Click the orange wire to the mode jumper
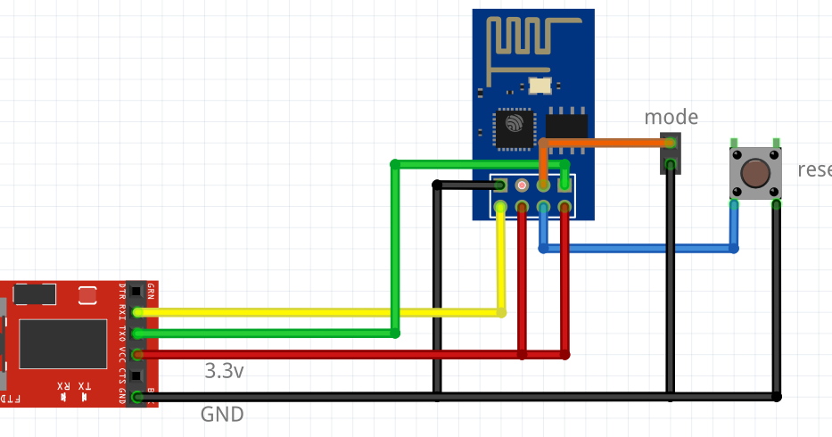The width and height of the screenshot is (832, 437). pos(606,143)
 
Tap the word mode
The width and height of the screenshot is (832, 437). pos(671,117)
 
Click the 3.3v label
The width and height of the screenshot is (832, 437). pos(224,370)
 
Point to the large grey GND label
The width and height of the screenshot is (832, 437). pos(222,415)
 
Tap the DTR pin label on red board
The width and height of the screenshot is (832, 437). pos(123,291)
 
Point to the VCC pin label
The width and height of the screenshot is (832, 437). pos(123,354)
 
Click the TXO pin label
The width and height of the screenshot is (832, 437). pos(123,333)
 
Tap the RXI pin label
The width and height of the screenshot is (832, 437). pos(123,311)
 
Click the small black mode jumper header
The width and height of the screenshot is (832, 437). pos(670,153)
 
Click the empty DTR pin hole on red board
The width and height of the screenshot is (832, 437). pos(136,291)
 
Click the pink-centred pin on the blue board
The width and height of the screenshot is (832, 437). pos(521,186)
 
